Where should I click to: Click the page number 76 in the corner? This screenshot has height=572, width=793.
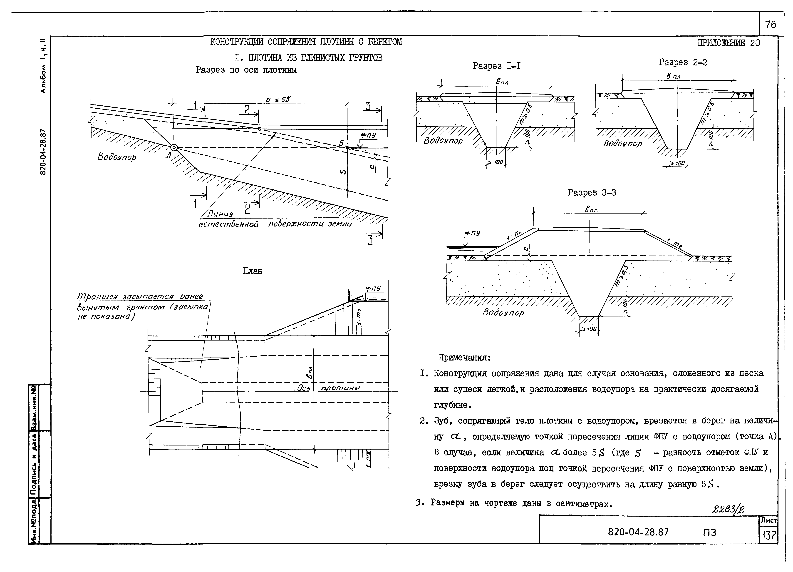pyautogui.click(x=770, y=25)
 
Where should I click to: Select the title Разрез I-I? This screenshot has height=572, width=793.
pyautogui.click(x=496, y=66)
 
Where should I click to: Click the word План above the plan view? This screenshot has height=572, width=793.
pyautogui.click(x=253, y=271)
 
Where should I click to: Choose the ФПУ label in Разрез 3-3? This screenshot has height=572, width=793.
pyautogui.click(x=472, y=233)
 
